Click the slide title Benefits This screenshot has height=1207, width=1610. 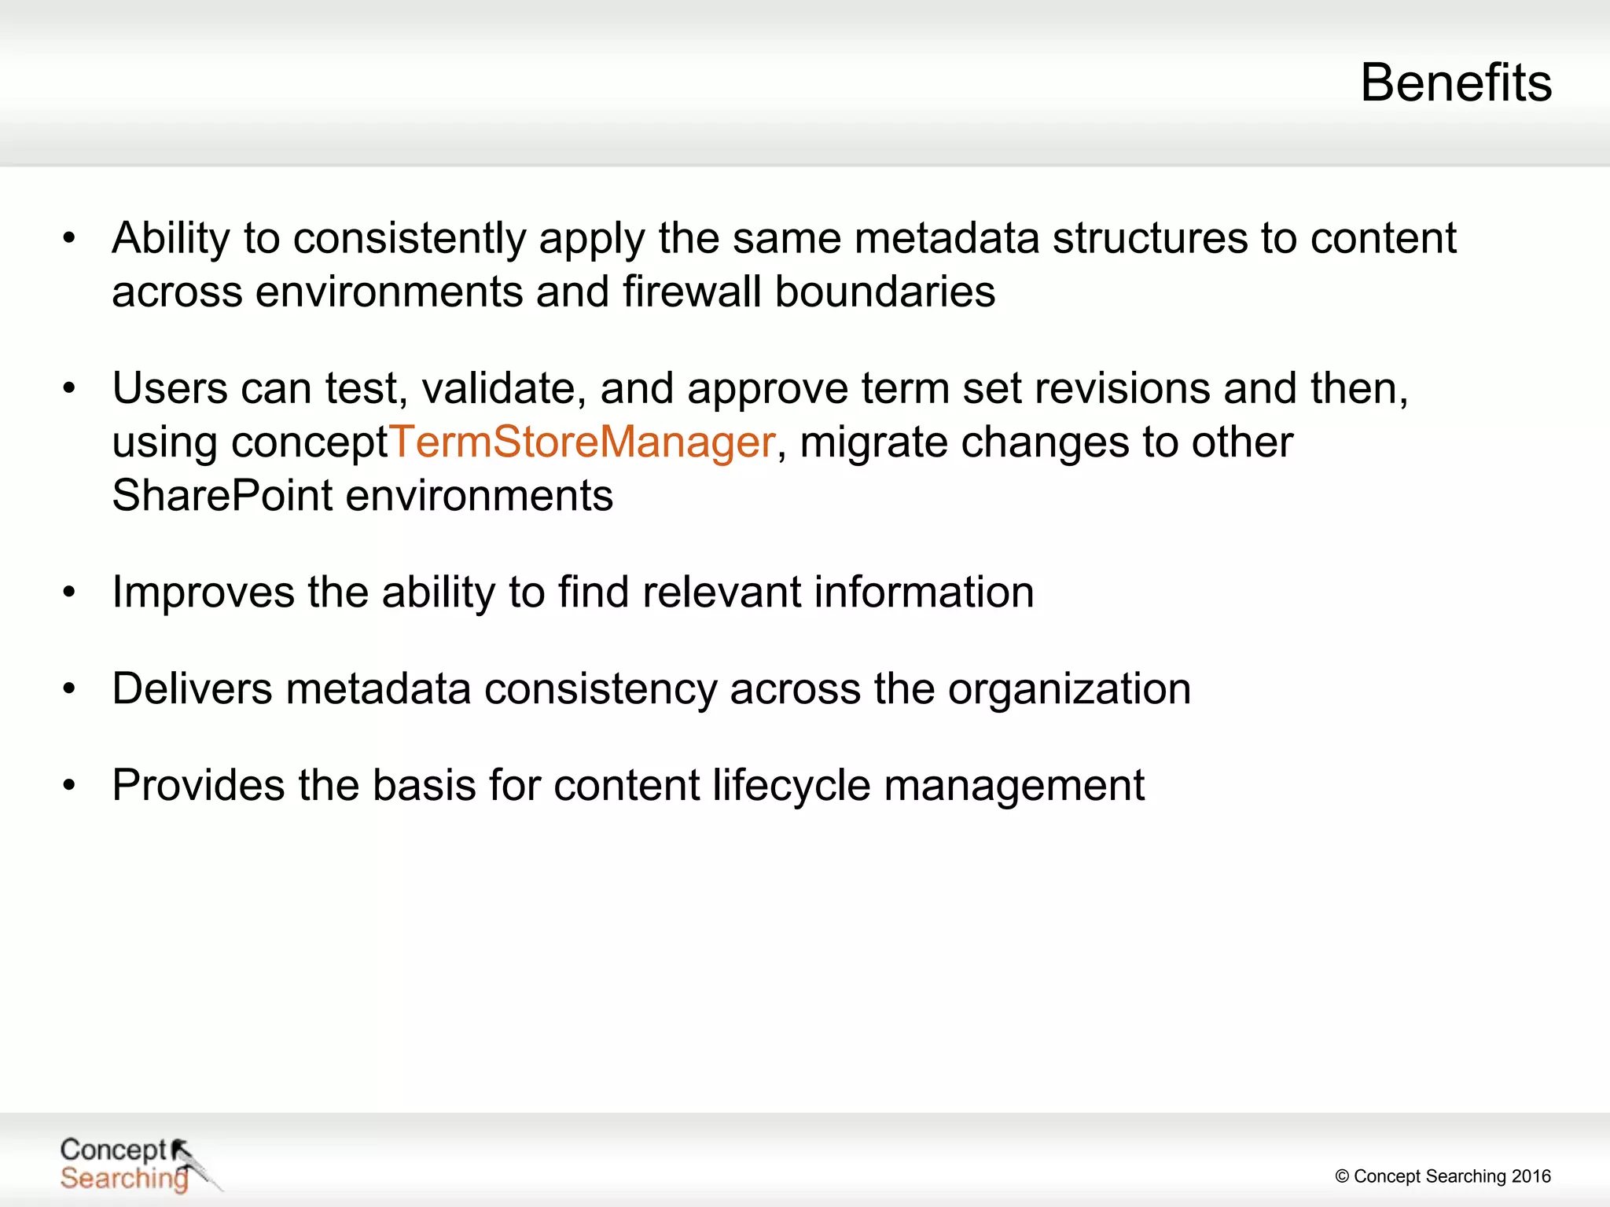[x=1456, y=83]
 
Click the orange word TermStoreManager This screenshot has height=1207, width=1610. [x=583, y=442]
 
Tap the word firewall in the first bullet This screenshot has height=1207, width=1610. [x=693, y=292]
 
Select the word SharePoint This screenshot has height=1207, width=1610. [x=222, y=496]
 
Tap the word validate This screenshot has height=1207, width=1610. [x=504, y=388]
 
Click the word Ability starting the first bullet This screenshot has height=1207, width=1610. [x=171, y=238]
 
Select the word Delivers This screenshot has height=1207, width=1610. [x=192, y=689]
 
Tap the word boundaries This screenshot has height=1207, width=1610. [x=885, y=292]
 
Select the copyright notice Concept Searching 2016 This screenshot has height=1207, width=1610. [x=1443, y=1176]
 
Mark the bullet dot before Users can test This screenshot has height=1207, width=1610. [x=69, y=388]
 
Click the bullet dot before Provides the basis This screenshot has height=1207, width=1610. [x=69, y=785]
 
